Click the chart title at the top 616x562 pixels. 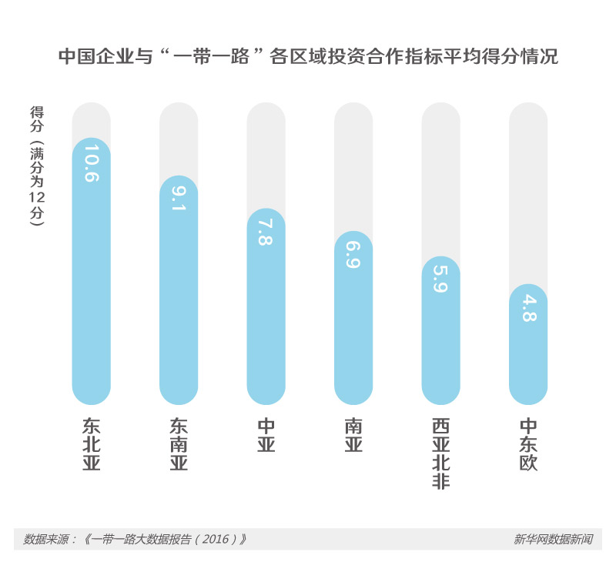308,58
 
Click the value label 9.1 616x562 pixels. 179,198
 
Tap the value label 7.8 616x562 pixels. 266,231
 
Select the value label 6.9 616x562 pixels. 353,254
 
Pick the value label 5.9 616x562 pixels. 441,279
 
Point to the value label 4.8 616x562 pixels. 528,306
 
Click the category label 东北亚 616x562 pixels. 92,444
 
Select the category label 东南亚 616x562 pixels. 179,444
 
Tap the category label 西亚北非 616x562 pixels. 441,453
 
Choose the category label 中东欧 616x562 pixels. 528,444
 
